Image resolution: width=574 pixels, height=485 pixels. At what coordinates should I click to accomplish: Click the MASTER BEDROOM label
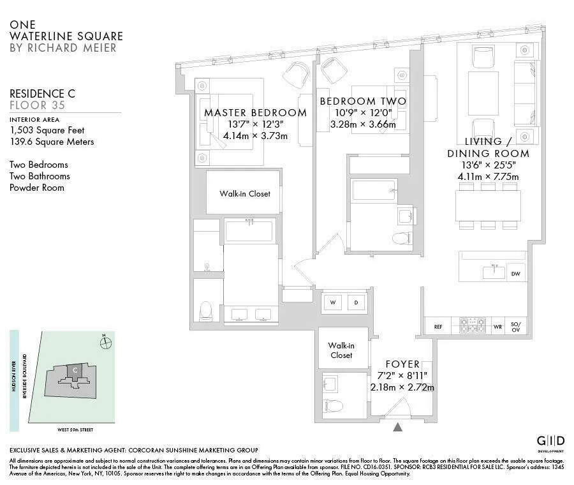click(255, 112)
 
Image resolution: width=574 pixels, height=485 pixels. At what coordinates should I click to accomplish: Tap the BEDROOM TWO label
click(362, 101)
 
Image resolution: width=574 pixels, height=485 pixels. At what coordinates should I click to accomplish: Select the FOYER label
click(402, 364)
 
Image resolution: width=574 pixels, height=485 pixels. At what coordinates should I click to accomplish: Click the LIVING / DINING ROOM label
click(488, 147)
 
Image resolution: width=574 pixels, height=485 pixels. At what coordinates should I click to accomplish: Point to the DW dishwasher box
click(515, 274)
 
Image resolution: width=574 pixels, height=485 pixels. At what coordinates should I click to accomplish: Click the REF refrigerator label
click(438, 327)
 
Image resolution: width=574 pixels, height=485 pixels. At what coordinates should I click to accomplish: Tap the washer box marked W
click(333, 302)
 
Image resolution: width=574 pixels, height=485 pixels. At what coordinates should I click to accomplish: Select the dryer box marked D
click(357, 302)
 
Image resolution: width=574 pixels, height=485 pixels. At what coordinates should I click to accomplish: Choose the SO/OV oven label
click(516, 326)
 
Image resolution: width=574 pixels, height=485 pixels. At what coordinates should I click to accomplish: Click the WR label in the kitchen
click(497, 327)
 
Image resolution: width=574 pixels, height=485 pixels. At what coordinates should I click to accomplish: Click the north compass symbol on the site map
click(106, 343)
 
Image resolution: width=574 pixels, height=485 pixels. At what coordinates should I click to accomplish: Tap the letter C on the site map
click(75, 369)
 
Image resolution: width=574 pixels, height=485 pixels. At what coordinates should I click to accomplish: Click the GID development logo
click(550, 442)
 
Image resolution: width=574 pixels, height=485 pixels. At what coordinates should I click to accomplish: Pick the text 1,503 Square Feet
click(43, 130)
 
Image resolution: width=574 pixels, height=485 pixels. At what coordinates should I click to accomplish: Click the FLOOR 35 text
click(37, 105)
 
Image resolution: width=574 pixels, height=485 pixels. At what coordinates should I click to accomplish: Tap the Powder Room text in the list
click(37, 188)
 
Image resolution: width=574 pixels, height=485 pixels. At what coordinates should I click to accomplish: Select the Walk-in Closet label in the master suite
click(245, 193)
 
